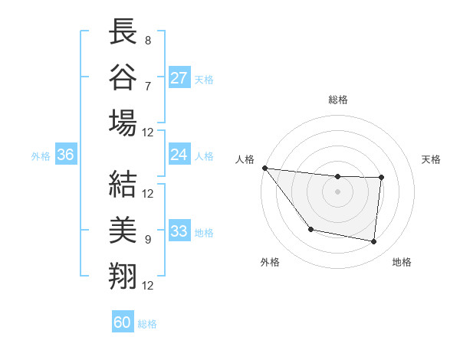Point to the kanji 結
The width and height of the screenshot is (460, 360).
pos(123,183)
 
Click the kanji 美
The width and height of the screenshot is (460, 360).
pos(123,229)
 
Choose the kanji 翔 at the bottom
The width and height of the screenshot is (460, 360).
pos(123,273)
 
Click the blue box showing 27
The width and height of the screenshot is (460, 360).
pos(179,78)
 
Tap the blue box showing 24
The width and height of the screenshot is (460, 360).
pos(179,155)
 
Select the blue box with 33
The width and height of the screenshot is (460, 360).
pos(179,231)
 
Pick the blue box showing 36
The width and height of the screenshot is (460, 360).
pos(66,155)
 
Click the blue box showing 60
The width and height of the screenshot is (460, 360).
pos(123,322)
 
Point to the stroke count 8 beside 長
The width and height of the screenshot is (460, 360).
pos(147,39)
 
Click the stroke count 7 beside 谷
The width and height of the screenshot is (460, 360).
pos(147,85)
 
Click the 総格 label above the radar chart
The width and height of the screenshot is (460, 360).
pos(338,100)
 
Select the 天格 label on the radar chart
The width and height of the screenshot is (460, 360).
pos(431,159)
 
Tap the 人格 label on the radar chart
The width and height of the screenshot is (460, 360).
pos(245,159)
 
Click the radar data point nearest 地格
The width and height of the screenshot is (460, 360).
pos(374,242)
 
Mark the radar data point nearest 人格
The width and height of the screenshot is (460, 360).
pos(264,168)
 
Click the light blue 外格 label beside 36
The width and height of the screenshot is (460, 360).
pos(41,156)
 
